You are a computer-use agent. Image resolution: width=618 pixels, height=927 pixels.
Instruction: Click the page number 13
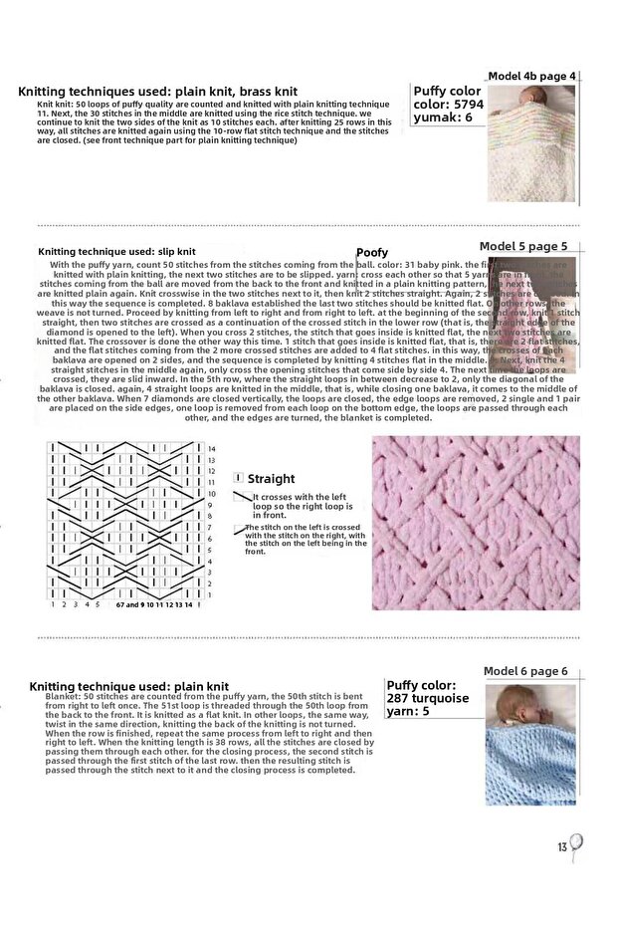562,847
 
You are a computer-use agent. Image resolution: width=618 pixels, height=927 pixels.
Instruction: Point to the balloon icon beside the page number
576,845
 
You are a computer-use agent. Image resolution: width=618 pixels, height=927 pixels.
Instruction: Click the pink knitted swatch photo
476,523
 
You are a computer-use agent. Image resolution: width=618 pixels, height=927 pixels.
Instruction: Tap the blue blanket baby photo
529,743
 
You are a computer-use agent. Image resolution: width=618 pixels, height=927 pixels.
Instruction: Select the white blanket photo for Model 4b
531,143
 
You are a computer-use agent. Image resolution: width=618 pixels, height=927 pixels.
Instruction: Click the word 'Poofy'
372,253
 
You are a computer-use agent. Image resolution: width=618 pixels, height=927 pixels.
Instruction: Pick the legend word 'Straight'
271,479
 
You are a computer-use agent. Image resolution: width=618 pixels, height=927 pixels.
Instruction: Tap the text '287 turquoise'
427,698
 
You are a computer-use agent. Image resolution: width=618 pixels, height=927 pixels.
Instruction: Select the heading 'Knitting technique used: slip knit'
116,252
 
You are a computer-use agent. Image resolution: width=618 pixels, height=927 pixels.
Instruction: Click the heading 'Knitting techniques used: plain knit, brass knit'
157,92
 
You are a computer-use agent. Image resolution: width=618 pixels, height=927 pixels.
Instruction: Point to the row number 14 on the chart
211,449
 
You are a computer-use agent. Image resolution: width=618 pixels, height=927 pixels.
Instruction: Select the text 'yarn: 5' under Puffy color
408,711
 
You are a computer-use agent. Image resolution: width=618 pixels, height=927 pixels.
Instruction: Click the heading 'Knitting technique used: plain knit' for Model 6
128,686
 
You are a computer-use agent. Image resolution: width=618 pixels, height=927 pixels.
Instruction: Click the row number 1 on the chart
210,594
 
